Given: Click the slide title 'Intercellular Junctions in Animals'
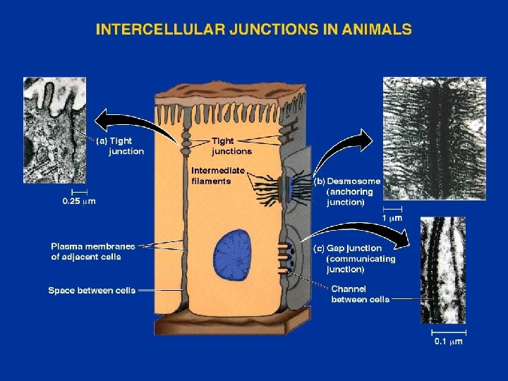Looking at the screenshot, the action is (253, 30).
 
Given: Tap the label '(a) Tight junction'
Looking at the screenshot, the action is (121, 146).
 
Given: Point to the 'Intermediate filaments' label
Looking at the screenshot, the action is (218, 176).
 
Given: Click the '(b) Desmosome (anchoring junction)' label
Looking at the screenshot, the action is (347, 191).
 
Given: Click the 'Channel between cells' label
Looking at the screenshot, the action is (360, 294).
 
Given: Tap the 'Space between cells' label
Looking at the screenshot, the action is (92, 290).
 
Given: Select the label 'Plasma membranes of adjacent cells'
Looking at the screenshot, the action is (92, 251).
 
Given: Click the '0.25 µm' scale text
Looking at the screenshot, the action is (80, 201).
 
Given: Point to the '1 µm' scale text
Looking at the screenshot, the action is (392, 219).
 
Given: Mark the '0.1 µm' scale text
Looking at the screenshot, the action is (448, 342).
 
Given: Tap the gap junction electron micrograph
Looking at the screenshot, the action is (442, 270).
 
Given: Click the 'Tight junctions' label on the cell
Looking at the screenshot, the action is (231, 146).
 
